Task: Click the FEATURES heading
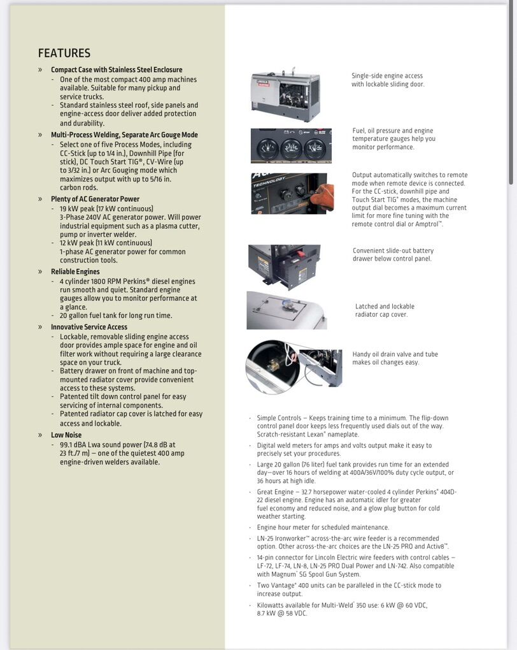(x=64, y=54)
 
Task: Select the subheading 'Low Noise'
(x=66, y=435)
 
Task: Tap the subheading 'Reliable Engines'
(x=75, y=271)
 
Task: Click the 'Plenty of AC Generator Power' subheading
(x=95, y=199)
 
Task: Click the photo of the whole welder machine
(x=285, y=93)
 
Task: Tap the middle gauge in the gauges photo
(x=291, y=149)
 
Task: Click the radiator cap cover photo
(x=287, y=310)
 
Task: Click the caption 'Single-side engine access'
(x=387, y=76)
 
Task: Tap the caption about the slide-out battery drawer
(x=393, y=254)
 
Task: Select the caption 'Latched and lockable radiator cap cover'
(x=385, y=310)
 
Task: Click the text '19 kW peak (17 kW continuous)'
(x=106, y=208)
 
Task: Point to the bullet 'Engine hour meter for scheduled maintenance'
(x=323, y=528)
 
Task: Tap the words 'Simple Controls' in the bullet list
(x=279, y=418)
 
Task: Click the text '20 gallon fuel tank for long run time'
(x=116, y=315)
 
